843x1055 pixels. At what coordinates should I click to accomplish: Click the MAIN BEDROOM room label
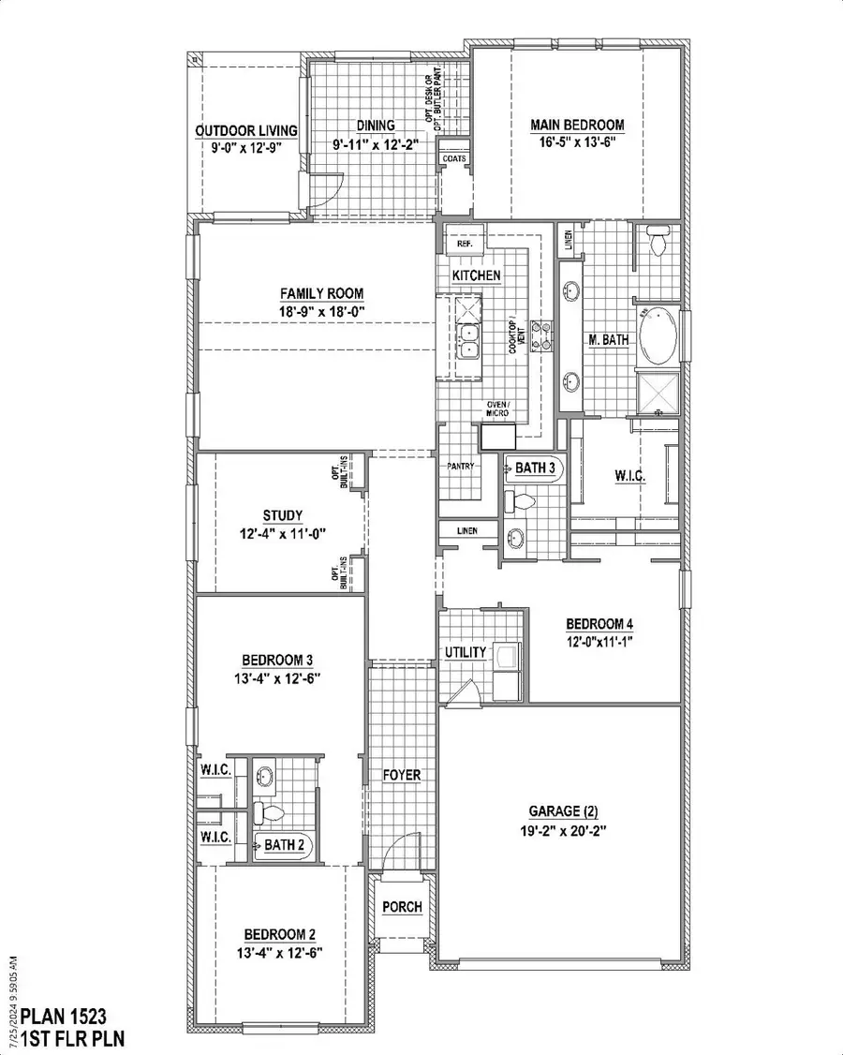tap(576, 125)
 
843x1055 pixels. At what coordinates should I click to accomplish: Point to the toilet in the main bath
tap(657, 243)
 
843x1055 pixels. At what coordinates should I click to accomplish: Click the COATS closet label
tap(453, 159)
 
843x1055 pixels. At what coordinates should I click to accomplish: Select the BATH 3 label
tap(535, 466)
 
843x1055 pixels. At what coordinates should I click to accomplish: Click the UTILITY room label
tap(466, 652)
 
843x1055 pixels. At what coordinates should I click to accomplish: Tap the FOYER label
tap(402, 775)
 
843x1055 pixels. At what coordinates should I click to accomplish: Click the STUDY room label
tap(282, 514)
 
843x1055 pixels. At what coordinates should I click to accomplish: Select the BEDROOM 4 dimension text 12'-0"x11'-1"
tap(603, 642)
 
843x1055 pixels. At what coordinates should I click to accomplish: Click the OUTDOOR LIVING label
tap(246, 130)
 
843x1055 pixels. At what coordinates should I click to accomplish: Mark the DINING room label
tap(376, 126)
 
